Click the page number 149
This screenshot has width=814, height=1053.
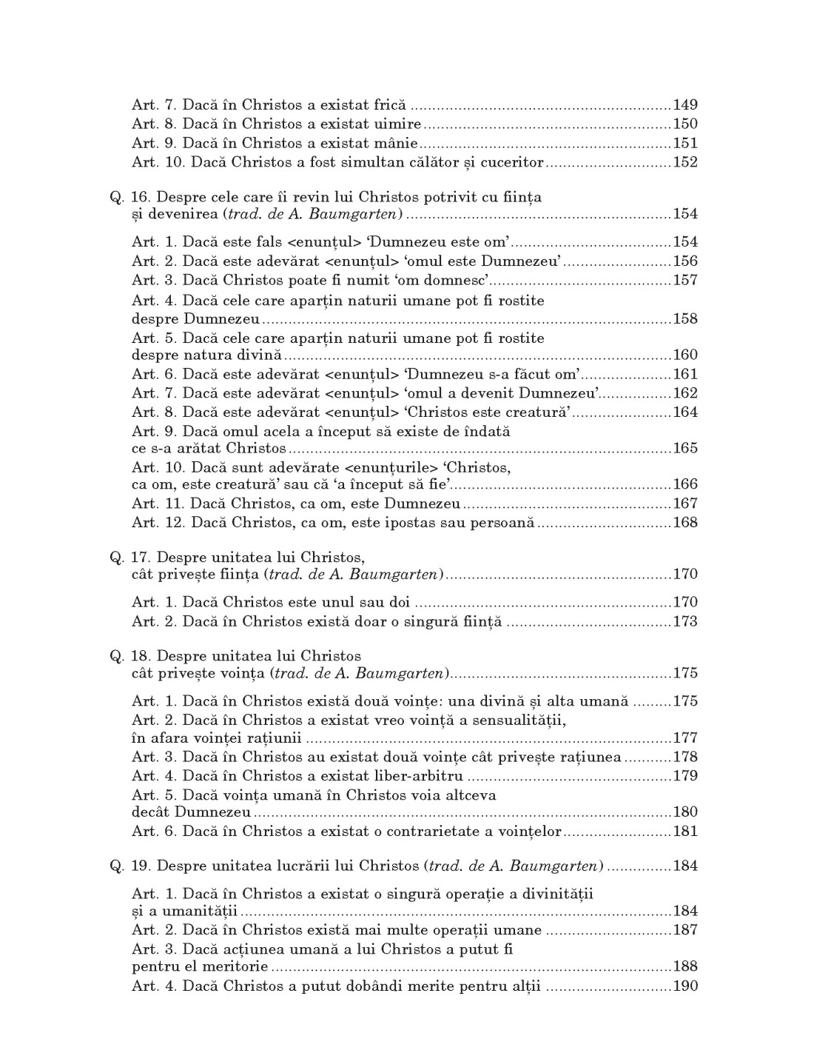click(685, 105)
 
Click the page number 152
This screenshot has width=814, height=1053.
click(685, 163)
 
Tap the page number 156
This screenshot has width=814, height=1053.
click(685, 261)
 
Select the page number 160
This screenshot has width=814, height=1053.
click(685, 355)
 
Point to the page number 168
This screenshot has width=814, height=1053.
click(685, 523)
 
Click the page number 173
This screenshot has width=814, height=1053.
click(685, 622)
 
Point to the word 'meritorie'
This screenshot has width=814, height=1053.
click(237, 967)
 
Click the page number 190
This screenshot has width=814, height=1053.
click(685, 986)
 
